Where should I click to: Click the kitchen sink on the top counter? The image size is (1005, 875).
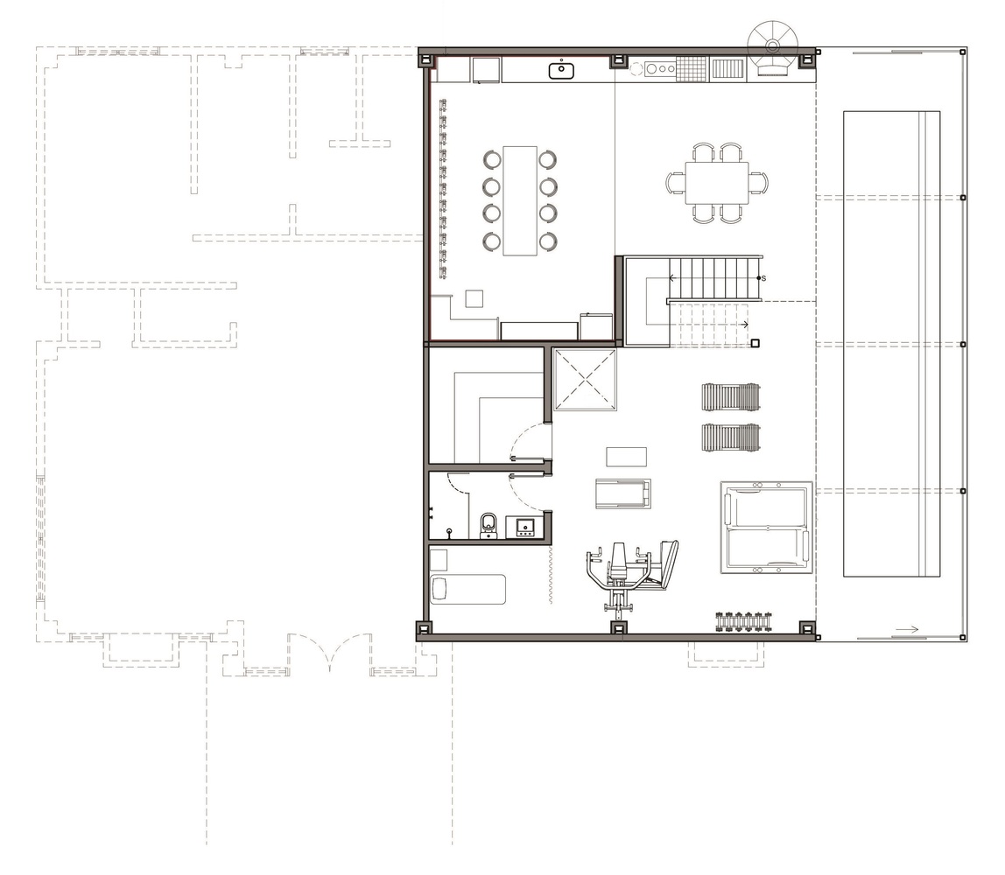[561, 70]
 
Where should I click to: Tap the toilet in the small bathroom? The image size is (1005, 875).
[488, 525]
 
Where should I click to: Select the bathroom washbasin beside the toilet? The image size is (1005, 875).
[525, 527]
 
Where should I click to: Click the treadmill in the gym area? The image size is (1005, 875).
[622, 493]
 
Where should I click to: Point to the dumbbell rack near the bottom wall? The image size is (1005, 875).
[744, 620]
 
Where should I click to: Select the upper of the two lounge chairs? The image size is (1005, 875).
[731, 396]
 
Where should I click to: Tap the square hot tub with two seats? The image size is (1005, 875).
[766, 528]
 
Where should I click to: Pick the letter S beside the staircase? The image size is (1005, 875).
[763, 278]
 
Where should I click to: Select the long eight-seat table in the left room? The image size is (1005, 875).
[520, 200]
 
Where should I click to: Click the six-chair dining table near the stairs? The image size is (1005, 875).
[717, 183]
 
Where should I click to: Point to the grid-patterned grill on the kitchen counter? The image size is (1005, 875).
[691, 68]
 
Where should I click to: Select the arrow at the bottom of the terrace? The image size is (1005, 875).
[907, 628]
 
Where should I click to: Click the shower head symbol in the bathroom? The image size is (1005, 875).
[449, 531]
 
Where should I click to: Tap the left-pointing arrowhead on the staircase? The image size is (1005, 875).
[672, 278]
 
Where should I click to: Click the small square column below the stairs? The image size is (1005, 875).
[755, 344]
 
